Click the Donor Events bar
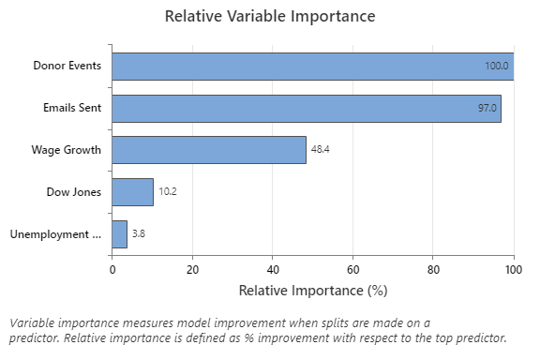coord(312,67)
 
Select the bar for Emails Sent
coord(306,109)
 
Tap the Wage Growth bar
coord(209,150)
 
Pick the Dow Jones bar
coord(132,192)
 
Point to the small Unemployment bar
coord(119,234)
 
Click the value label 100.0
coord(497,67)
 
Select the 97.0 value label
coord(487,109)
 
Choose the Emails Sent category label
coord(71,109)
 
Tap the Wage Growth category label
coord(68,150)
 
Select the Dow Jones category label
coord(74,192)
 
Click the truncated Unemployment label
coord(55,234)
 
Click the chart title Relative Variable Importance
coord(269,16)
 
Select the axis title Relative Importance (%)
coord(311,291)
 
